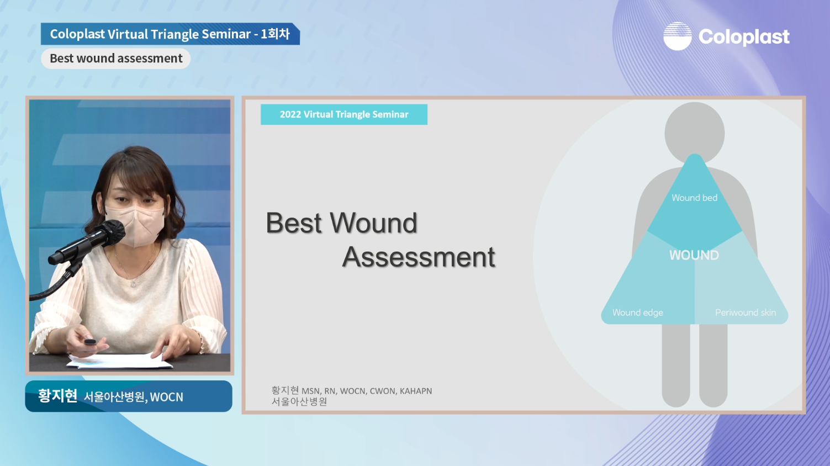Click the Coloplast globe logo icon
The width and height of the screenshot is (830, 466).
tap(678, 36)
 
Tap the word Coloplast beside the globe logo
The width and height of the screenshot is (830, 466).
tap(744, 36)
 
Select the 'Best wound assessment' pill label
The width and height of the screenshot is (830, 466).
tap(115, 59)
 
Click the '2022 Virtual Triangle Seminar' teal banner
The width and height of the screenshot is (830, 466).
tap(344, 114)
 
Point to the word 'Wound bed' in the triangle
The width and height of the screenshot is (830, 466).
tap(694, 198)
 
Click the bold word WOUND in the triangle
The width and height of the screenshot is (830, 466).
tap(694, 255)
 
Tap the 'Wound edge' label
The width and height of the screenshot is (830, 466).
tap(637, 313)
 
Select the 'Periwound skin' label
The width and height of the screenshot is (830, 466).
tap(746, 313)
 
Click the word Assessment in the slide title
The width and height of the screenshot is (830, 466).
tap(419, 257)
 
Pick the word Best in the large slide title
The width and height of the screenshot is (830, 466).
tap(294, 223)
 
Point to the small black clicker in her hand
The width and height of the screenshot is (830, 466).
tap(90, 342)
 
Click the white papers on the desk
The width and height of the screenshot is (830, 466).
tap(119, 361)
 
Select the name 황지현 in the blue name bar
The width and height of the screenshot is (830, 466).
tap(57, 396)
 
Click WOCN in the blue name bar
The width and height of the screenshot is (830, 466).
tap(166, 397)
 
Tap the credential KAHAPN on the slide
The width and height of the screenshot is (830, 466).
tap(416, 391)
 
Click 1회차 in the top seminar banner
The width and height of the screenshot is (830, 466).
tap(276, 34)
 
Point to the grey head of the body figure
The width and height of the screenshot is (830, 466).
tap(694, 132)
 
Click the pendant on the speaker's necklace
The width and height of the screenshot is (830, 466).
tap(134, 284)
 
